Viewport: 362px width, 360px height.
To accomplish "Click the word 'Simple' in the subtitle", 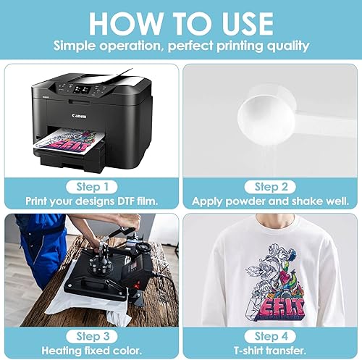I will tap(76, 46).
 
